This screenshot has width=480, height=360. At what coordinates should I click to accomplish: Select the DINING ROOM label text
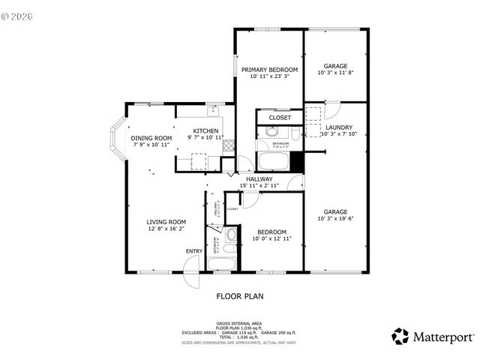pyautogui.click(x=151, y=138)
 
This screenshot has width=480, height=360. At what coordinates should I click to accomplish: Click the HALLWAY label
pyautogui.click(x=260, y=178)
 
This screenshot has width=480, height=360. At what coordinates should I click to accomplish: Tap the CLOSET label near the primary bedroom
pyautogui.click(x=279, y=118)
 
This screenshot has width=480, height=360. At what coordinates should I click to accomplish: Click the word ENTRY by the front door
pyautogui.click(x=193, y=250)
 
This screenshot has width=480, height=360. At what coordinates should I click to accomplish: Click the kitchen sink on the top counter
pyautogui.click(x=214, y=111)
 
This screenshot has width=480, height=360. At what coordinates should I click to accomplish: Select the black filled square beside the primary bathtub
pyautogui.click(x=296, y=160)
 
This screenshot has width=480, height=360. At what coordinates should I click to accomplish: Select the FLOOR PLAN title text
pyautogui.click(x=240, y=295)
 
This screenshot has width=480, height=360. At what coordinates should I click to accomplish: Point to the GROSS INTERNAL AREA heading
pyautogui.click(x=240, y=323)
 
